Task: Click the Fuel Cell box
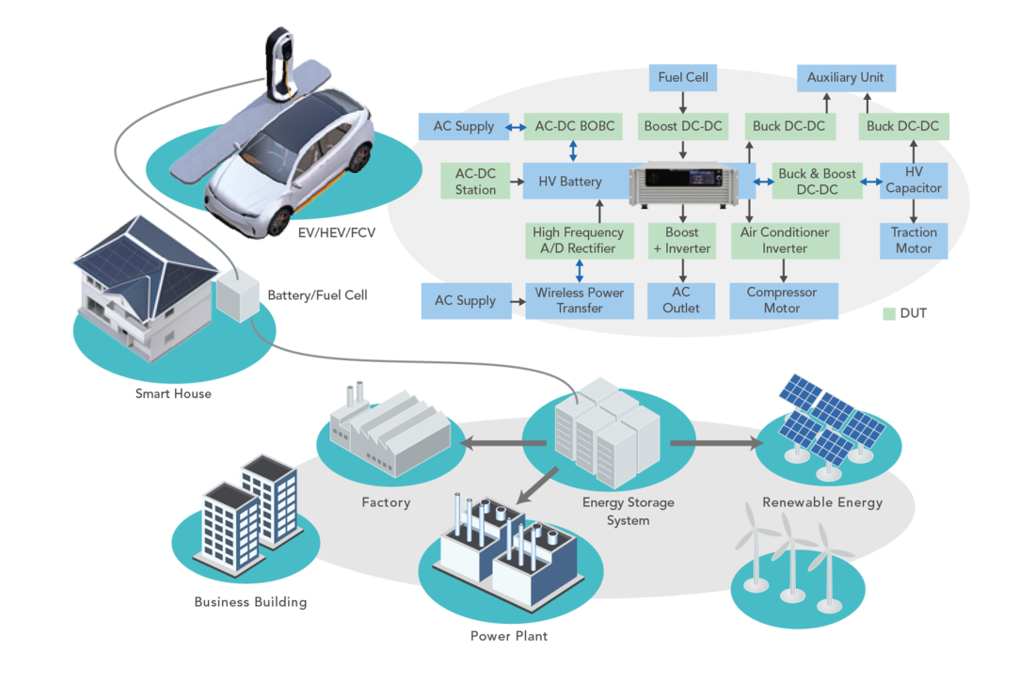pyautogui.click(x=682, y=78)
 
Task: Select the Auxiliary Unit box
pyautogui.click(x=846, y=78)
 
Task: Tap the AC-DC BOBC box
pyautogui.click(x=574, y=126)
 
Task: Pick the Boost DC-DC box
pyautogui.click(x=682, y=126)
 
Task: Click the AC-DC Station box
pyautogui.click(x=475, y=182)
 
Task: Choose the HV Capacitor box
pyautogui.click(x=914, y=180)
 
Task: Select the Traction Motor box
pyautogui.click(x=914, y=240)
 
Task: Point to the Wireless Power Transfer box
pyautogui.click(x=580, y=300)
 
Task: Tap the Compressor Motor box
pyautogui.click(x=784, y=300)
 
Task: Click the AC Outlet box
pyautogui.click(x=680, y=300)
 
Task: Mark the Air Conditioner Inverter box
pyautogui.click(x=785, y=240)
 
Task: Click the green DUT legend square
pyautogui.click(x=889, y=313)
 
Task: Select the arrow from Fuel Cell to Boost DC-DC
pyautogui.click(x=682, y=103)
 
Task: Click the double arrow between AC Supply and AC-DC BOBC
pyautogui.click(x=516, y=127)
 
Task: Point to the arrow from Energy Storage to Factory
pyautogui.click(x=503, y=443)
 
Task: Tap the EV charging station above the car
pyautogui.click(x=279, y=63)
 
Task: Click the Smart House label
pyautogui.click(x=174, y=394)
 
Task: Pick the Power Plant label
pyautogui.click(x=509, y=636)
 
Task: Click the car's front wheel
pyautogui.click(x=279, y=222)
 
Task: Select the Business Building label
pyautogui.click(x=251, y=602)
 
